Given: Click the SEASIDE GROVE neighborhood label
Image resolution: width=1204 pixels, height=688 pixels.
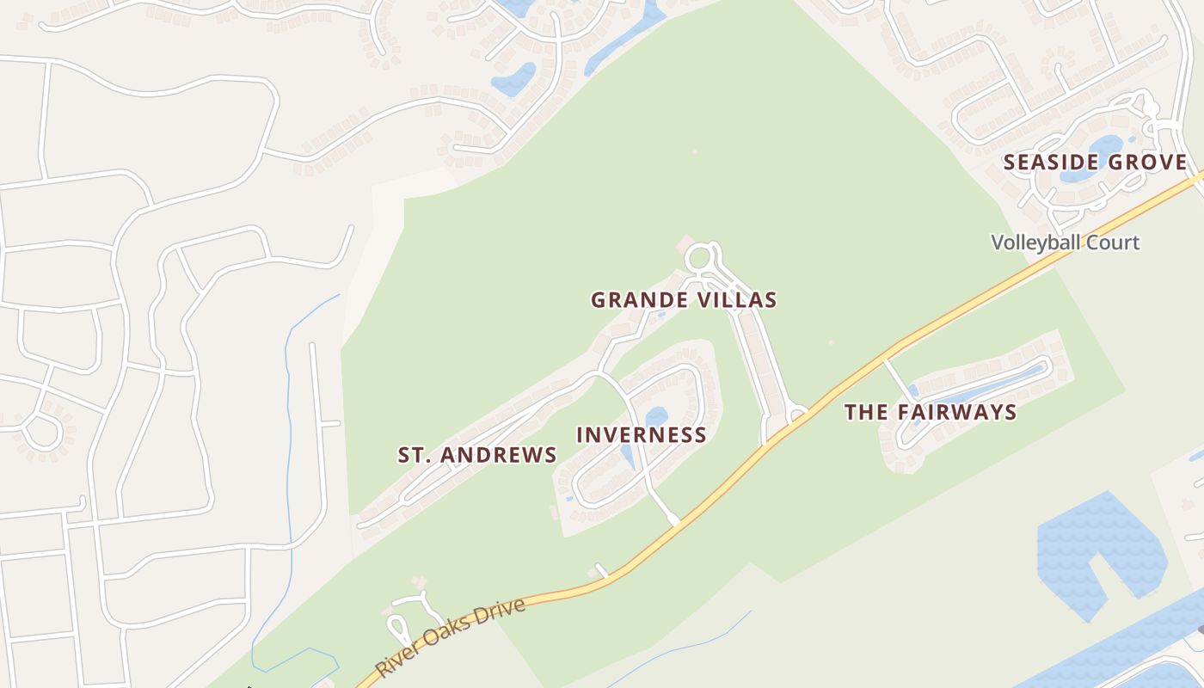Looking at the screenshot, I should tap(1095, 163).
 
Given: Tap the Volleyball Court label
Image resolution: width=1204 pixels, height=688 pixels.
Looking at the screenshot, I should tap(1065, 243).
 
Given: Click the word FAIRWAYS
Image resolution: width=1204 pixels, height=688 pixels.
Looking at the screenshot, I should tap(957, 412).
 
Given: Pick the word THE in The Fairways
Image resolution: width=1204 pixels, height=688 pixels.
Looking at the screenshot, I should tap(865, 412).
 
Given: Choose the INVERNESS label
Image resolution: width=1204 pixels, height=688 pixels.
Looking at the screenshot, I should tap(641, 435).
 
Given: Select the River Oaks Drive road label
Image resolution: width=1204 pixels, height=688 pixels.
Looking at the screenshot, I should tap(450, 637).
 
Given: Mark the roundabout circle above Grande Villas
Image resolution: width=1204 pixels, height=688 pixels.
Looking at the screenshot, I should tap(700, 257).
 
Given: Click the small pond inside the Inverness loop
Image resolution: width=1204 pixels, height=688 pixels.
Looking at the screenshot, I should tap(656, 418).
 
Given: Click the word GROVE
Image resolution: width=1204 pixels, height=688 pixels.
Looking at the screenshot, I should tap(1149, 163).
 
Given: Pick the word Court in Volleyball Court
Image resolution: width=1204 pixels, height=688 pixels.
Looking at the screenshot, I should tap(1114, 243).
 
